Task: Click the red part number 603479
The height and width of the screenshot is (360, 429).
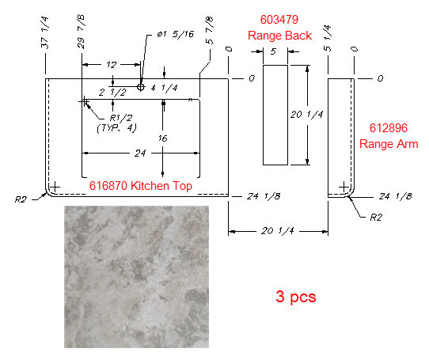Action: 279,20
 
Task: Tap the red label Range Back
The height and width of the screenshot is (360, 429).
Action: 279,36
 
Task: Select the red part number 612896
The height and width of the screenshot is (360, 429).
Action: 388,128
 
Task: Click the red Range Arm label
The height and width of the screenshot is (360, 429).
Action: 389,144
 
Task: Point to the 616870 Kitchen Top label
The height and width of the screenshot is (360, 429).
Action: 141,186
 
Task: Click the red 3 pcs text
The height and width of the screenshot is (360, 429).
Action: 296,297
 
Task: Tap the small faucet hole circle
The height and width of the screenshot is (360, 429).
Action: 141,87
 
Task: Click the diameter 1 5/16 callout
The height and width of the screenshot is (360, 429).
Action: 176,35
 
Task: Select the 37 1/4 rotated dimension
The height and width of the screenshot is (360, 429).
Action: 44,32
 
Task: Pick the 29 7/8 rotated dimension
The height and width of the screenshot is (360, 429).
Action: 81,32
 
